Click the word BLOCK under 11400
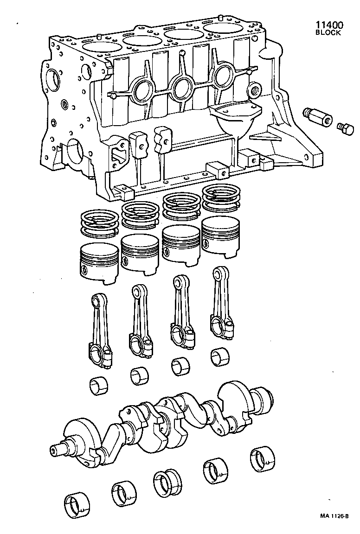click(x=328, y=33)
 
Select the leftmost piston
click(x=99, y=262)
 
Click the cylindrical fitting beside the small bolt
click(x=318, y=117)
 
